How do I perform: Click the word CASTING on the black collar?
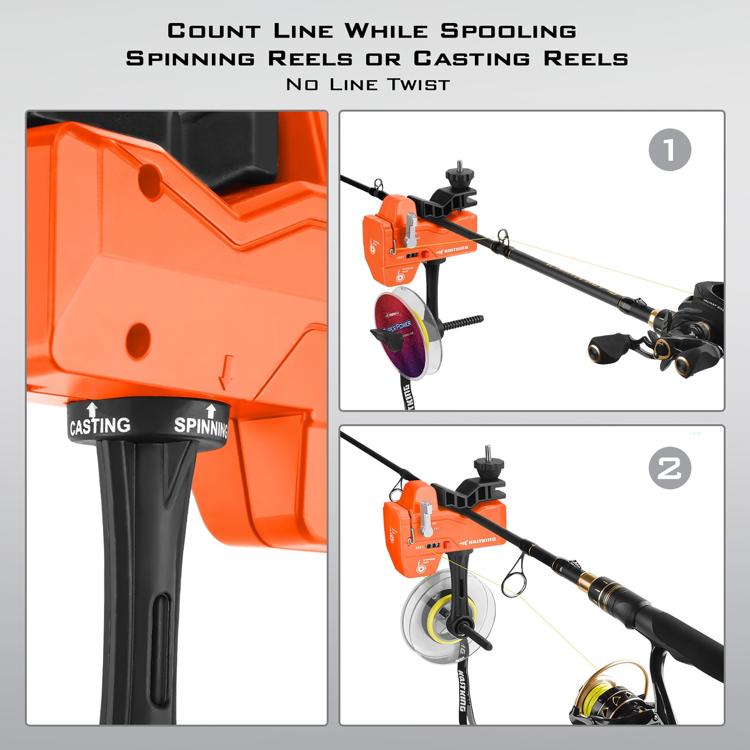[x=100, y=426]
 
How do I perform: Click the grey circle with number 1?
[x=670, y=150]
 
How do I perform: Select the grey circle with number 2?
[x=670, y=468]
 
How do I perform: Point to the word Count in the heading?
[x=214, y=31]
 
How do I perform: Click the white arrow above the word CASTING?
[x=92, y=409]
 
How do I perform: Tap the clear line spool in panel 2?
[x=446, y=609]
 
